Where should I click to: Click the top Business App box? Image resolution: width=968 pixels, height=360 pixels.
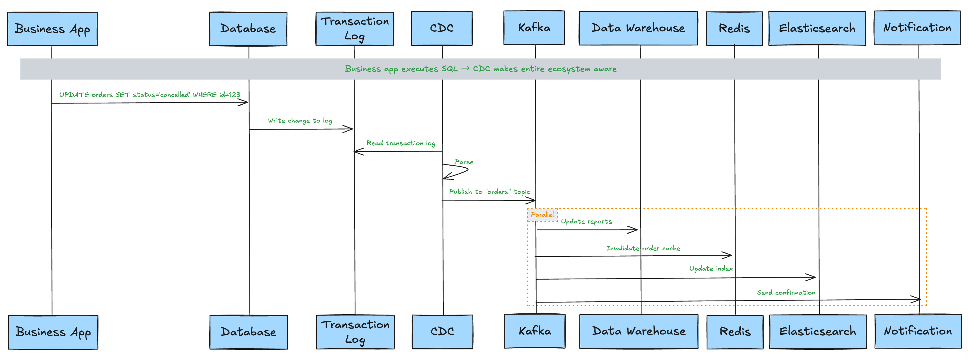click(x=52, y=29)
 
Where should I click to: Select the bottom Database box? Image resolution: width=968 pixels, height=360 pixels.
click(x=249, y=332)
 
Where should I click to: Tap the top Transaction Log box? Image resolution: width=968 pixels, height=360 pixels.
click(x=354, y=29)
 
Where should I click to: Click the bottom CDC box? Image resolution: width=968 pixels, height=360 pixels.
click(x=442, y=332)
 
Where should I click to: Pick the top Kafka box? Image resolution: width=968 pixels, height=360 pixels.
click(x=534, y=28)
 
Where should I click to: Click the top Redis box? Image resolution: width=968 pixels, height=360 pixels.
click(x=734, y=28)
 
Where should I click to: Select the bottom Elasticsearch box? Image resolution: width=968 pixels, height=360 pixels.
click(x=818, y=332)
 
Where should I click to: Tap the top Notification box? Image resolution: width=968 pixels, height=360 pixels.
click(x=917, y=28)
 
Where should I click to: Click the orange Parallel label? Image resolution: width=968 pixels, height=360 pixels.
click(x=542, y=215)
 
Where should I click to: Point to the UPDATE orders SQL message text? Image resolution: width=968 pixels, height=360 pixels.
click(x=149, y=95)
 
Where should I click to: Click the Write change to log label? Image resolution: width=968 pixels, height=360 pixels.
click(x=300, y=120)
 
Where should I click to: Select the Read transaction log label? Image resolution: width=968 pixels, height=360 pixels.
click(x=401, y=143)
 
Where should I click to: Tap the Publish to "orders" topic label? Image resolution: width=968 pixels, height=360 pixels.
click(x=489, y=192)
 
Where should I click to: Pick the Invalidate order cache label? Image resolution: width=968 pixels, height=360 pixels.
click(x=643, y=248)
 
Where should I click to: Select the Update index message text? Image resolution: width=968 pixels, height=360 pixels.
click(x=711, y=269)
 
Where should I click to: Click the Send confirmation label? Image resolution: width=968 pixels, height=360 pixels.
click(x=786, y=292)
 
